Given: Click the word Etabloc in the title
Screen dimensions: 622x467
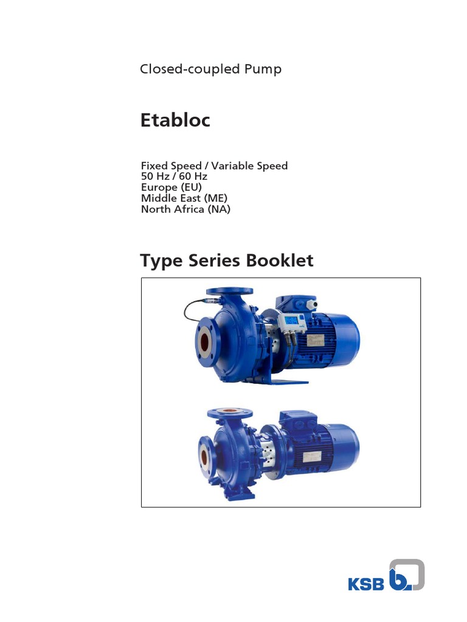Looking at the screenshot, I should [x=175, y=120].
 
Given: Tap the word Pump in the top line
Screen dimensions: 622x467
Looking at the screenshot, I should [x=263, y=69].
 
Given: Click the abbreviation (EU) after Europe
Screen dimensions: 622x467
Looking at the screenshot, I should [x=189, y=187].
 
